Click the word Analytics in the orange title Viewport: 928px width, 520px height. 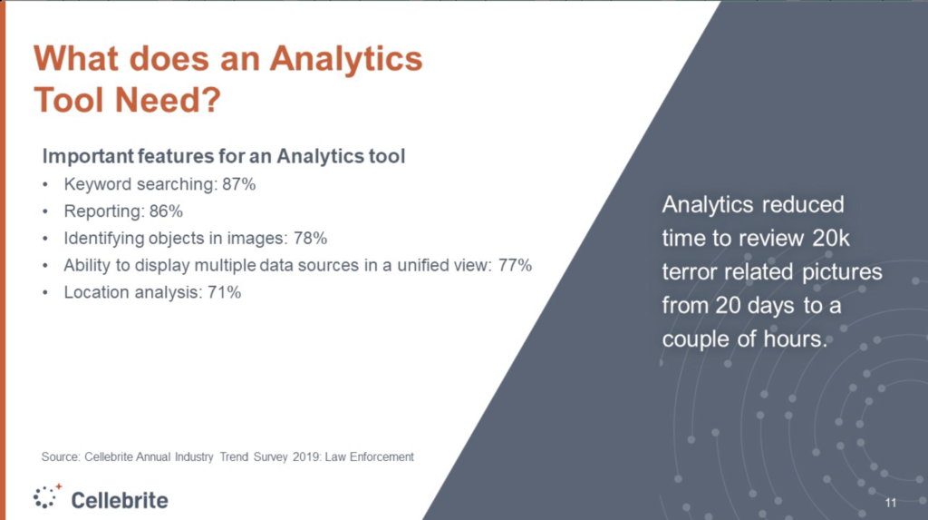click(346, 60)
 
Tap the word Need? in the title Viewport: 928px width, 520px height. click(168, 100)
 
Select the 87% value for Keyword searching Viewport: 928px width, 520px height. click(239, 184)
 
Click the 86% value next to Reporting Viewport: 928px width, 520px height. click(167, 211)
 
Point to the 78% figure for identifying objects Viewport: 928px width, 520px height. click(310, 239)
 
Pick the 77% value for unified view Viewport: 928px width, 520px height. click(515, 265)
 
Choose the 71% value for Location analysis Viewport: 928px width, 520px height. click(225, 292)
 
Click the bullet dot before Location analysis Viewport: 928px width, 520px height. click(45, 293)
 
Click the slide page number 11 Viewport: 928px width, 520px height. click(891, 503)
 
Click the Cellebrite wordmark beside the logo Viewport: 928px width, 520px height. click(120, 500)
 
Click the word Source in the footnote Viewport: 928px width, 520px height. click(61, 457)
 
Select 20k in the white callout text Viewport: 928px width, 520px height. click(831, 239)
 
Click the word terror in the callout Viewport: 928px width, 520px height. click(689, 272)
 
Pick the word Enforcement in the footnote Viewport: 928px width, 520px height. click(382, 457)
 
